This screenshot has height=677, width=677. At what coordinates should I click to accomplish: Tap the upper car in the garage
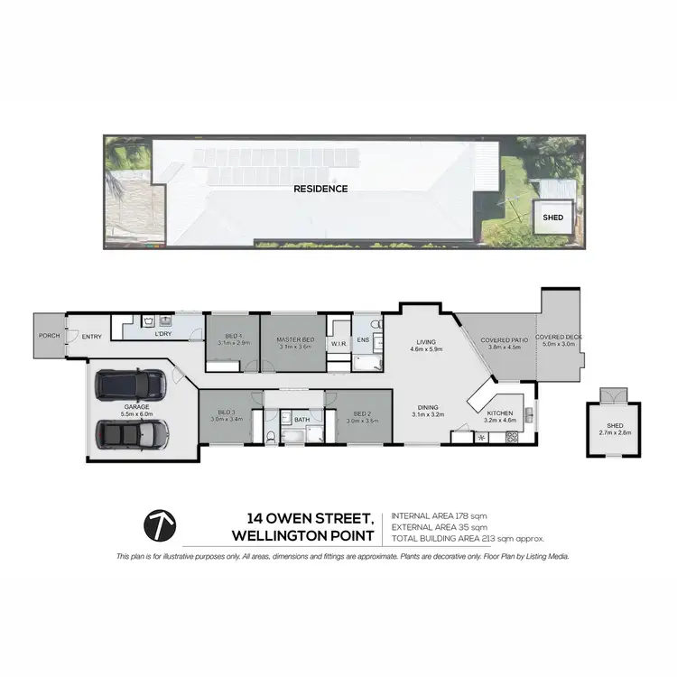click(x=132, y=386)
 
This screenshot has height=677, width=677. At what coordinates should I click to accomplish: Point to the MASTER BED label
click(x=295, y=338)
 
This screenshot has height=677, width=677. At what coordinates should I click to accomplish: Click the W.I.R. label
click(x=339, y=343)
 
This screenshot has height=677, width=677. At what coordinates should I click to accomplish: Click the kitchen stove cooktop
click(x=512, y=438)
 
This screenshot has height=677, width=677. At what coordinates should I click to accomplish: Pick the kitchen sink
click(x=529, y=416)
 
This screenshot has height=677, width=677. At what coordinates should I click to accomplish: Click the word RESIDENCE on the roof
click(x=320, y=189)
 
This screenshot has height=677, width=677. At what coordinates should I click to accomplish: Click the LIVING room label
click(x=425, y=341)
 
